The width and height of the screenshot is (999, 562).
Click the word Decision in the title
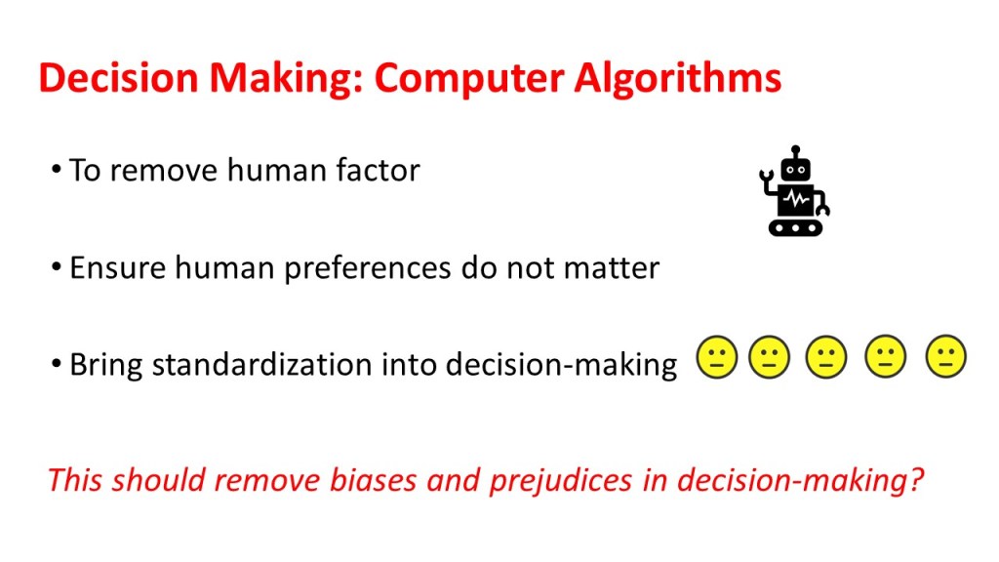[118, 78]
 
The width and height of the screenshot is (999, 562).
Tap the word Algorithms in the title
[677, 79]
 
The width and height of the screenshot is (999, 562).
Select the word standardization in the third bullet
[271, 365]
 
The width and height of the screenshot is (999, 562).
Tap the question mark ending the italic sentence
[915, 480]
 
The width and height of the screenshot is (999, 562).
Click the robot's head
[796, 170]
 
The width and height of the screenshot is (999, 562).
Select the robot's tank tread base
[796, 227]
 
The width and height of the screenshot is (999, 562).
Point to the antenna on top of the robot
[795, 151]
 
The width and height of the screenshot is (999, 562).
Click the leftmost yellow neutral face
[717, 357]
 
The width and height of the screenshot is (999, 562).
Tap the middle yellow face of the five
[826, 357]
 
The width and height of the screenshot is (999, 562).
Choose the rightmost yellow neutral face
[946, 357]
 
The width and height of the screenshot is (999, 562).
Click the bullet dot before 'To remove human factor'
[57, 170]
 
